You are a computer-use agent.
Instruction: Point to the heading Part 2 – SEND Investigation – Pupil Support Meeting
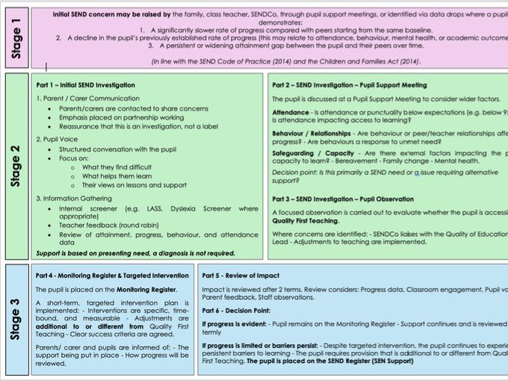coord(350,84)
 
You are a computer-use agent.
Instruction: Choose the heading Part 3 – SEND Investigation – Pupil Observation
coord(342,199)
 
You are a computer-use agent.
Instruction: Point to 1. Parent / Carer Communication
coord(87,99)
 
